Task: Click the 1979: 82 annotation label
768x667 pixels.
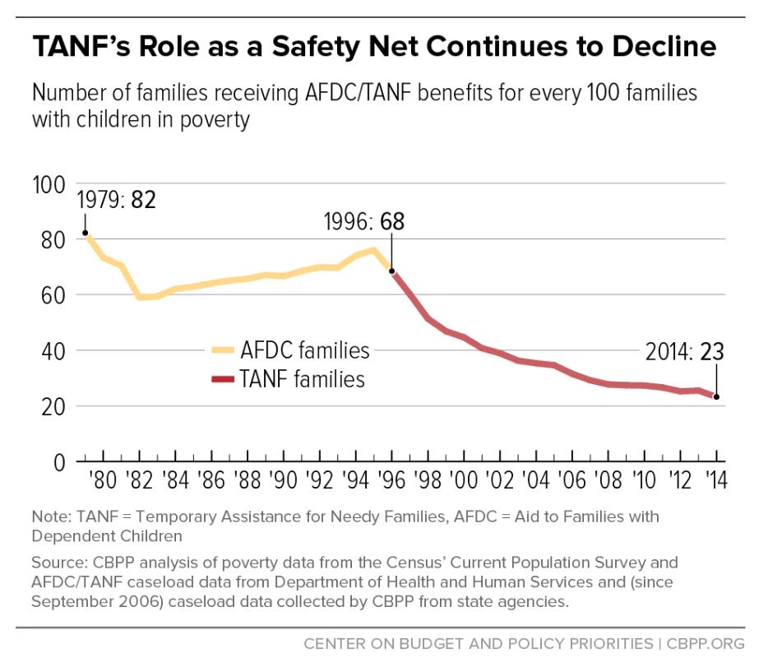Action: pos(117,200)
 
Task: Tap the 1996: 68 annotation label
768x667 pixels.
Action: pos(363,222)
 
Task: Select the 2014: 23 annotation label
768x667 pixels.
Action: pos(684,352)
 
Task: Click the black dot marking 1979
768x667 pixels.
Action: pos(85,233)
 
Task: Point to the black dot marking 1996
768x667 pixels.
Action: pos(391,271)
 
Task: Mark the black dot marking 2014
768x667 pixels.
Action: pos(717,397)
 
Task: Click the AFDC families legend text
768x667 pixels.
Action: pos(305,350)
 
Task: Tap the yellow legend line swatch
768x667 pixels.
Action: pos(221,350)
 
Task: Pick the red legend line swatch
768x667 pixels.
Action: pos(221,379)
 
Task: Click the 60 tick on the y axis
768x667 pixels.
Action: pos(53,295)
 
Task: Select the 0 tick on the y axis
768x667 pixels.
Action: pos(59,462)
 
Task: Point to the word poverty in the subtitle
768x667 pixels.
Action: pos(209,118)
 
